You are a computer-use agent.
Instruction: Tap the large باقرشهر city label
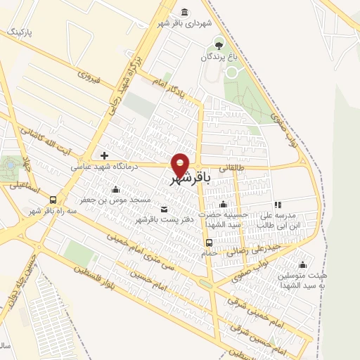point(189,180)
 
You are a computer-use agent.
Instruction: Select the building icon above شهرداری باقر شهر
point(184,13)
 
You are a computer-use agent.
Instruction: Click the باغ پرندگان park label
point(218,57)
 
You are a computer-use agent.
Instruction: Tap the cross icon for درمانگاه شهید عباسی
point(105,155)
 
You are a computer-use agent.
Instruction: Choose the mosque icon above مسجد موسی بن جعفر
point(116,189)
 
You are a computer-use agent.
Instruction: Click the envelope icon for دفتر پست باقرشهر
point(165,209)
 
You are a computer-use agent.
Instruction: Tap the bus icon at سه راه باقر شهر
point(53,199)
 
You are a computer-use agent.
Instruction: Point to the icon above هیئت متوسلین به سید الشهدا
point(302,264)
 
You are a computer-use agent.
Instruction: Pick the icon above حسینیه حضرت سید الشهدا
point(223,204)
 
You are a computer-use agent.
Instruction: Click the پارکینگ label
point(19,33)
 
